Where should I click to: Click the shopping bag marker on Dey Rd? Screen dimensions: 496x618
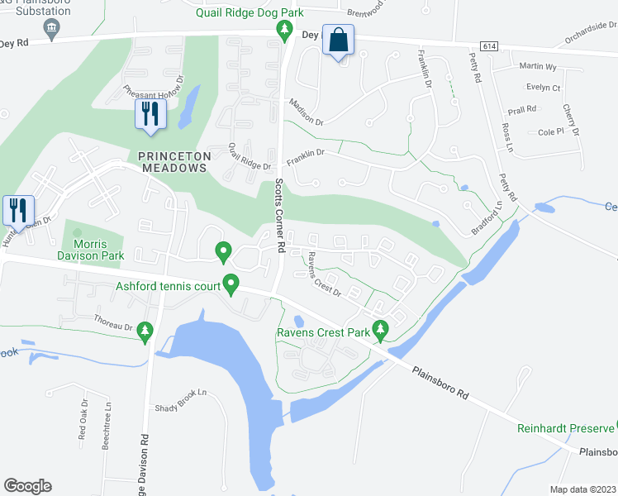[x=339, y=41]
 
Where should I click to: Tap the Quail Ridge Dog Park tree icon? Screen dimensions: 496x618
[x=285, y=31]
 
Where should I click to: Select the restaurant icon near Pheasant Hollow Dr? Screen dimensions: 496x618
[x=150, y=116]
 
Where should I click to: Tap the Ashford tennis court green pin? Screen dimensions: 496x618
[x=232, y=286]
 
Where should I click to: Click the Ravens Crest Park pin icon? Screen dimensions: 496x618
[x=380, y=330]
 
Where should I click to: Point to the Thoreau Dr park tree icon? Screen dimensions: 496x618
[x=145, y=331]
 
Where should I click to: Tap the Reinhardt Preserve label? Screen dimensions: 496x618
[x=565, y=428]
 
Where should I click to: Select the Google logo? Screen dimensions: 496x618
[x=27, y=485]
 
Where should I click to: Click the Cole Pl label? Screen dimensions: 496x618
[x=550, y=131]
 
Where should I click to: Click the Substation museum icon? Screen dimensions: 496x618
[x=51, y=29]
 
